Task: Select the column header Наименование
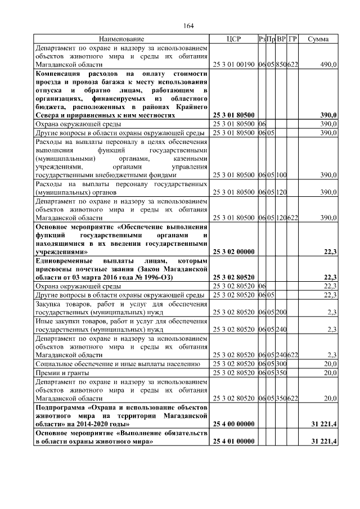[x=121, y=39]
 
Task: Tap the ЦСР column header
[x=233, y=39]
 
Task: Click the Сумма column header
[x=318, y=39]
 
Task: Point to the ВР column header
[x=281, y=39]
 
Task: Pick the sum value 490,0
[x=328, y=65]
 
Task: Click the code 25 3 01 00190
[x=233, y=65]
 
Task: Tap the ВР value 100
[x=281, y=175]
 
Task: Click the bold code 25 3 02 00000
[x=233, y=252]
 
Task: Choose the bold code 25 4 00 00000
[x=233, y=423]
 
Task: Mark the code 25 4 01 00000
[x=233, y=442]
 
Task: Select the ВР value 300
[x=281, y=364]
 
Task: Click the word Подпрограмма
[x=62, y=406]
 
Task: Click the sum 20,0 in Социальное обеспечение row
[x=328, y=364]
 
